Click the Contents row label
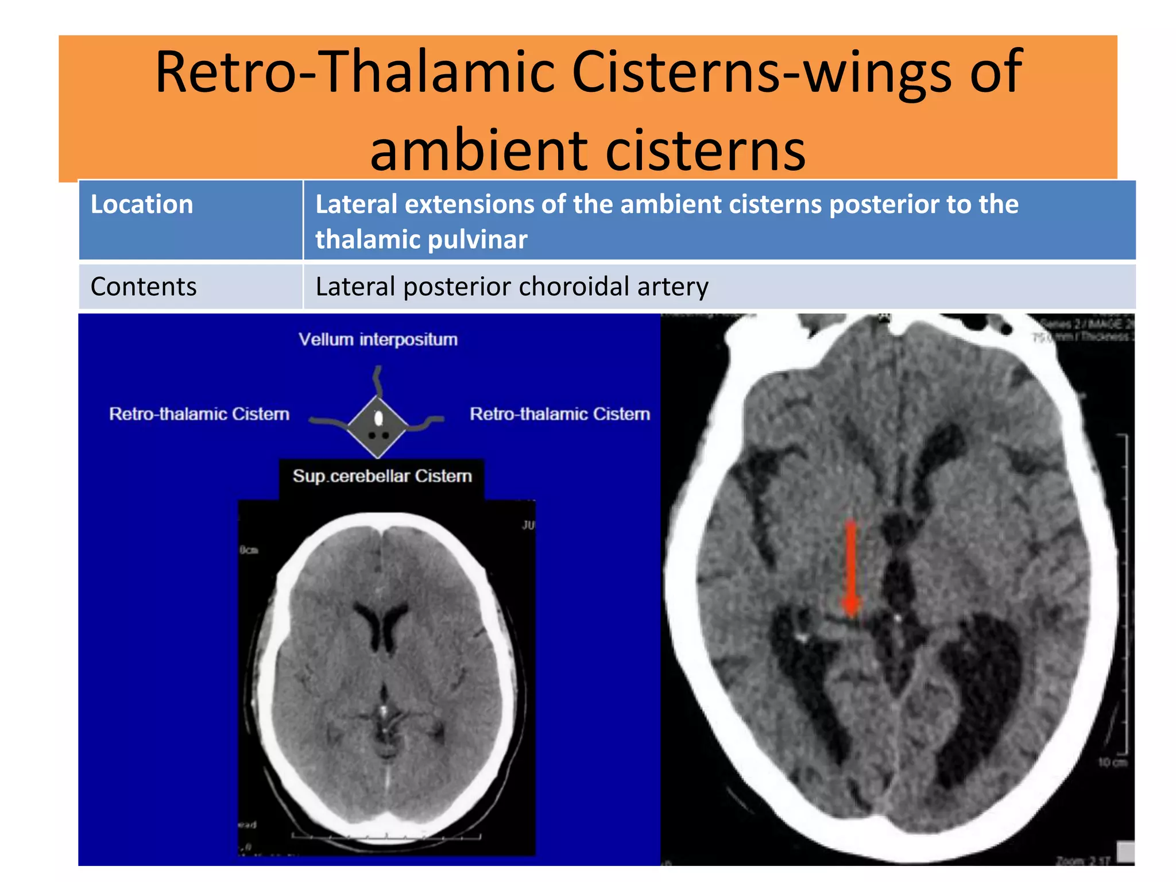click(144, 287)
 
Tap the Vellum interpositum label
click(378, 339)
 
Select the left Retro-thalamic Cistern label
click(199, 414)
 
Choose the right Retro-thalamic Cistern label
click(560, 414)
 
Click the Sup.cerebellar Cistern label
click(382, 476)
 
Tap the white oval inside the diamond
click(378, 418)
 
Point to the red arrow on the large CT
click(850, 568)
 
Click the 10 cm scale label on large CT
click(1112, 763)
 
